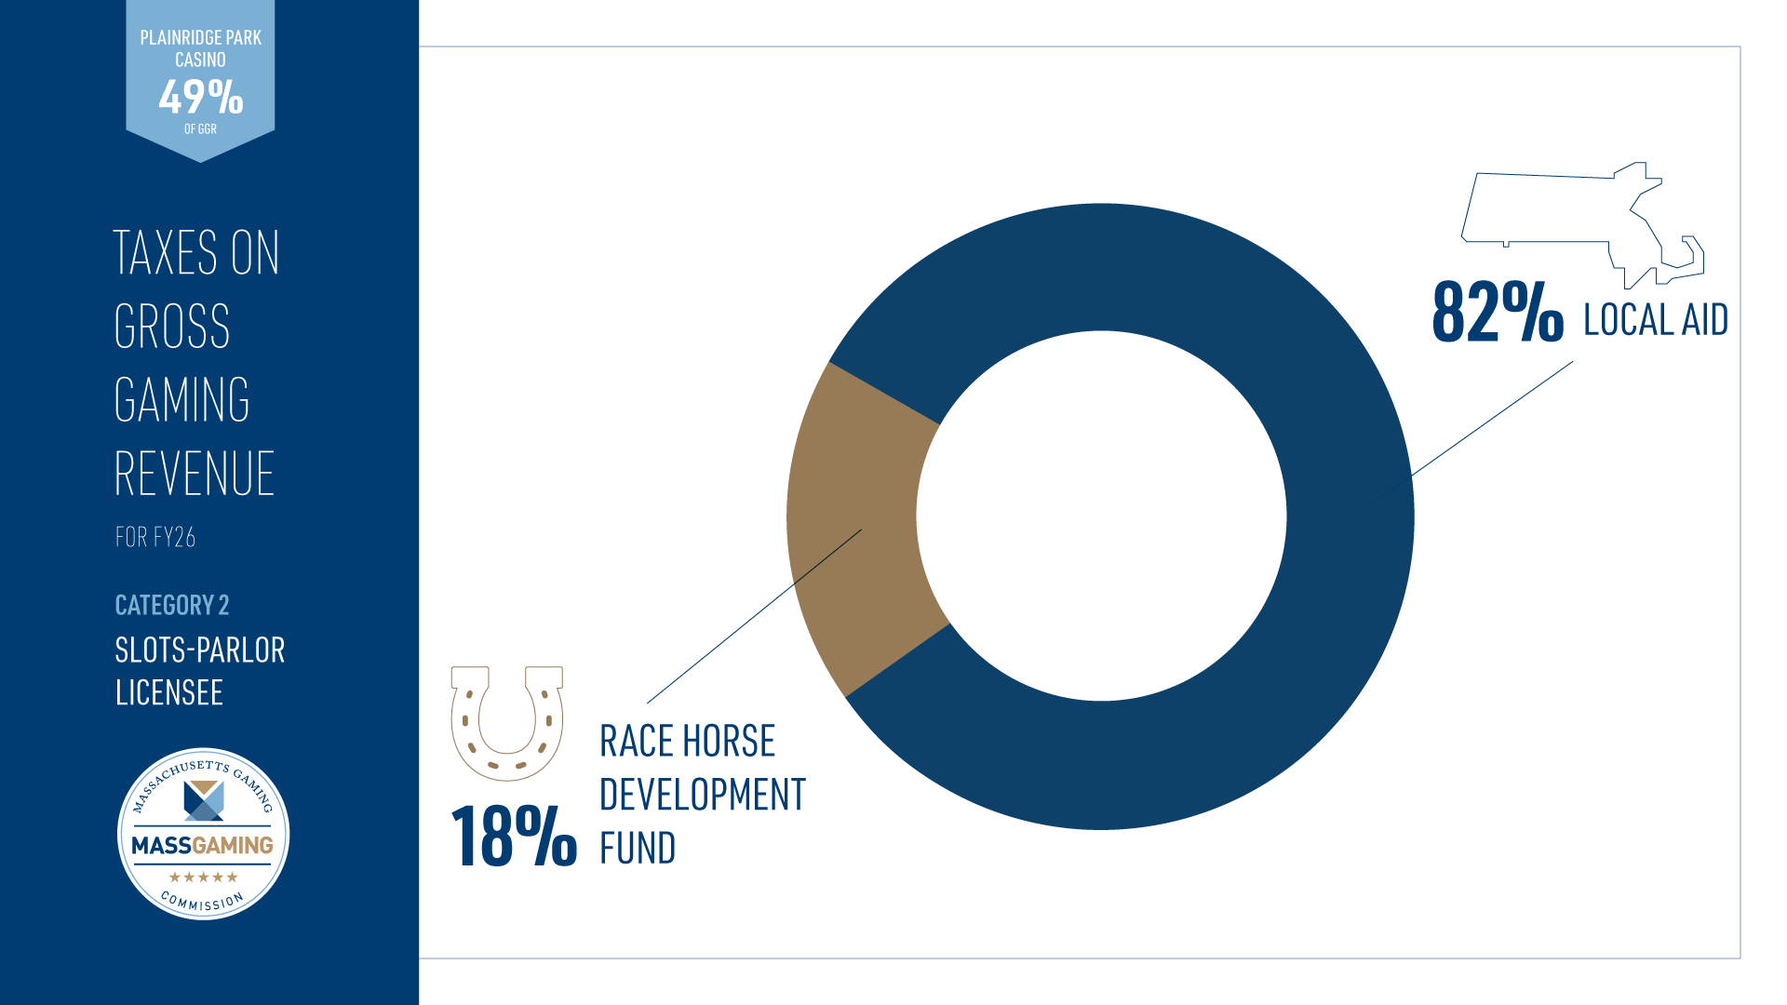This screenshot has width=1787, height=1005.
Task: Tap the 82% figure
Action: coord(1498,312)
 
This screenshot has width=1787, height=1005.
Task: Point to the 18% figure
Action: coord(514,837)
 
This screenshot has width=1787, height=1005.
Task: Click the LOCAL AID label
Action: coord(1656,320)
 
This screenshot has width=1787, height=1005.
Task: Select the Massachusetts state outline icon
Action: coord(1582,224)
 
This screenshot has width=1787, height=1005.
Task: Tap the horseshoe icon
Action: coord(507,723)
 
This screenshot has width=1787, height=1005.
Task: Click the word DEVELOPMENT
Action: coord(703,795)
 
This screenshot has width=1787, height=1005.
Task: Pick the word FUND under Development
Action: coord(638,849)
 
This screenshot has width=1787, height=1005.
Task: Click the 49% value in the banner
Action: coord(201,97)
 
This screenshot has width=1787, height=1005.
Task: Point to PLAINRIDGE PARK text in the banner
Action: coord(201,38)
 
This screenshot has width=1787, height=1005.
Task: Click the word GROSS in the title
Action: coord(172,326)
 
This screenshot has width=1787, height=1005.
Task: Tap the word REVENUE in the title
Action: coord(195,474)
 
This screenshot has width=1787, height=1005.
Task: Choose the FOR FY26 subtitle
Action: coord(155,537)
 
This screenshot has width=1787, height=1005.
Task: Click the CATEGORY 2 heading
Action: coord(172,605)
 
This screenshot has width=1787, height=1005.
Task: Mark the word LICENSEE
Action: coord(169,693)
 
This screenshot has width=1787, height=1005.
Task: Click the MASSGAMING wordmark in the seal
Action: coord(203,845)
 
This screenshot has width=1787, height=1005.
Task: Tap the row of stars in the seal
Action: coord(203,877)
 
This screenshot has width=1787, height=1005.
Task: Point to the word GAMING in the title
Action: coord(182,400)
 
